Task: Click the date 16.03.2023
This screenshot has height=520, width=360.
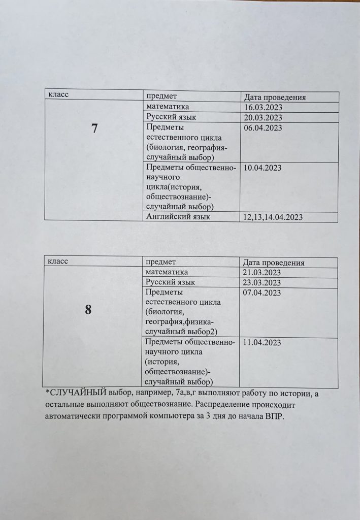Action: [x=263, y=108]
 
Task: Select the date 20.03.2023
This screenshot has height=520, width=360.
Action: [x=263, y=118]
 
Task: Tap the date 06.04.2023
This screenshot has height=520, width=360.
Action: [x=263, y=128]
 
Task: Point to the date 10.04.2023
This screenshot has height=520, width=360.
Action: [x=263, y=168]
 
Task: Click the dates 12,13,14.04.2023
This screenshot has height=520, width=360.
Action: [x=273, y=217]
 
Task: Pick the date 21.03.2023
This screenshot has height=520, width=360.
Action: [x=263, y=273]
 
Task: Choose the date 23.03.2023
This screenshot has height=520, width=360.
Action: [x=263, y=283]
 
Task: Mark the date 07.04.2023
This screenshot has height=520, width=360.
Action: [x=263, y=293]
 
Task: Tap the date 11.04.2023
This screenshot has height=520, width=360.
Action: [x=263, y=343]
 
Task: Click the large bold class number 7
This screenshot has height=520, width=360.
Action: [x=94, y=129]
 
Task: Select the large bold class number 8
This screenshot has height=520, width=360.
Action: [x=88, y=310]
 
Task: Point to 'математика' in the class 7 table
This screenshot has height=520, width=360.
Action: [x=167, y=107]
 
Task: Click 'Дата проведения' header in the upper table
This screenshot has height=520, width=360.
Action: [x=274, y=97]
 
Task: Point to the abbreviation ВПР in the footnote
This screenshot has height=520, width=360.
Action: [x=278, y=419]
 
